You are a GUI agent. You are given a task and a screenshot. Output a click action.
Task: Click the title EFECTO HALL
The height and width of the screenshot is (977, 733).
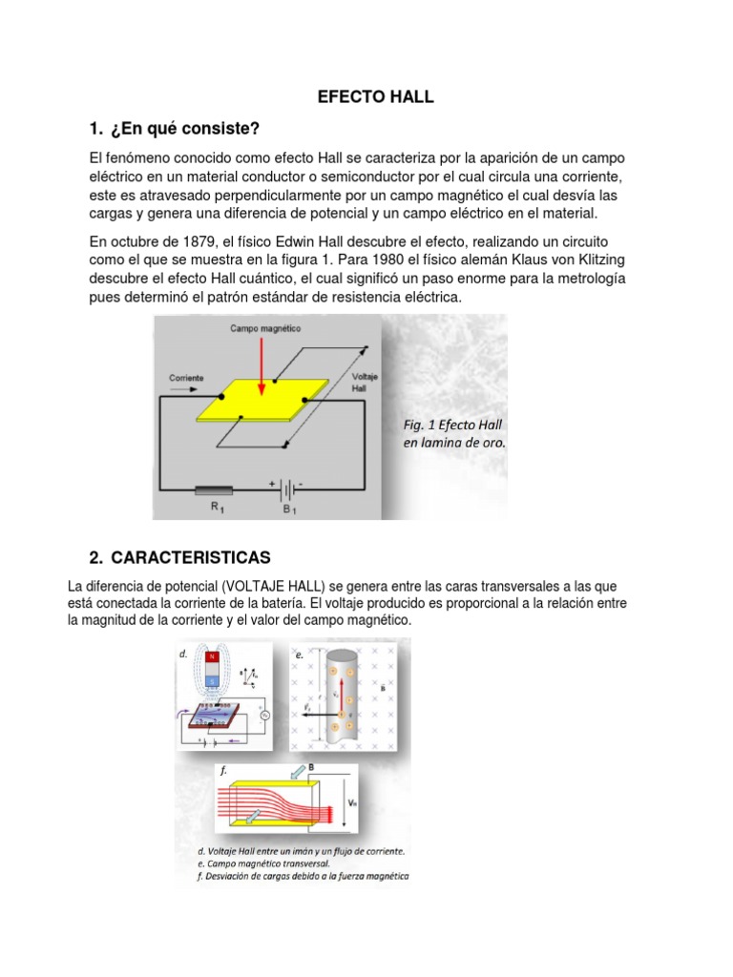coord(375,96)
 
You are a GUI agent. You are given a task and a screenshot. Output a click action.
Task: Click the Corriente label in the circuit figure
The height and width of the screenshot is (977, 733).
coord(186,378)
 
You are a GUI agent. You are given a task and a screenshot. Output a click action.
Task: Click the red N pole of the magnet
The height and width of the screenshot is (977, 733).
coord(211,657)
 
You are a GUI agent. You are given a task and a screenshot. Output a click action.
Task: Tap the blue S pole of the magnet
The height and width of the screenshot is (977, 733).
coord(211,678)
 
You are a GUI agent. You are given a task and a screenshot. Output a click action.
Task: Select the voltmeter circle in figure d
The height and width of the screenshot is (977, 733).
coord(266,715)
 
